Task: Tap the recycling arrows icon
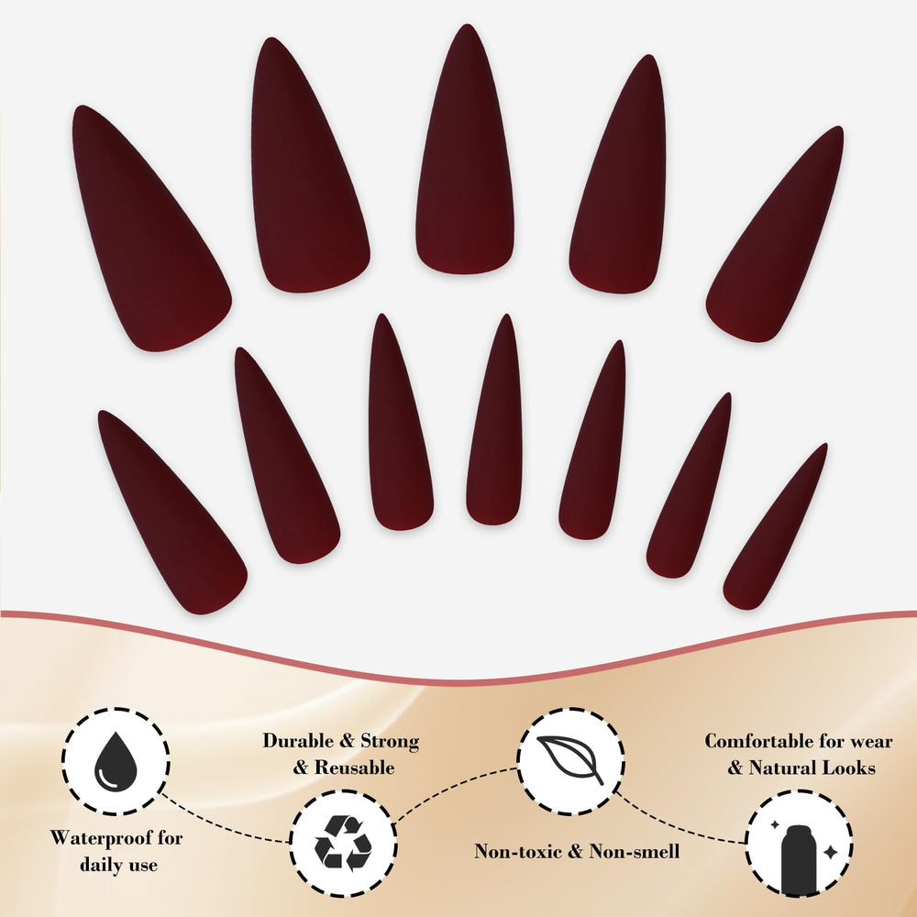click(343, 843)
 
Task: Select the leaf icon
click(570, 759)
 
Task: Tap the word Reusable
click(354, 768)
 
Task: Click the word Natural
click(781, 768)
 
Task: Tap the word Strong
click(390, 740)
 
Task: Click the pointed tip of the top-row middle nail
click(467, 25)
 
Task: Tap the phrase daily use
click(118, 865)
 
